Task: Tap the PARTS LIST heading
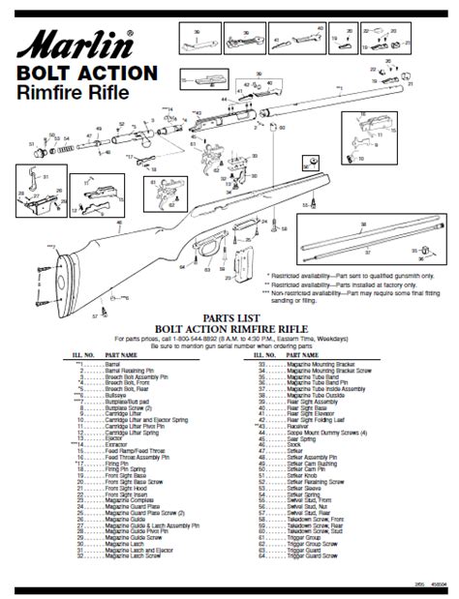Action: tap(229, 316)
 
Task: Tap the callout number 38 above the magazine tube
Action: tap(362, 223)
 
